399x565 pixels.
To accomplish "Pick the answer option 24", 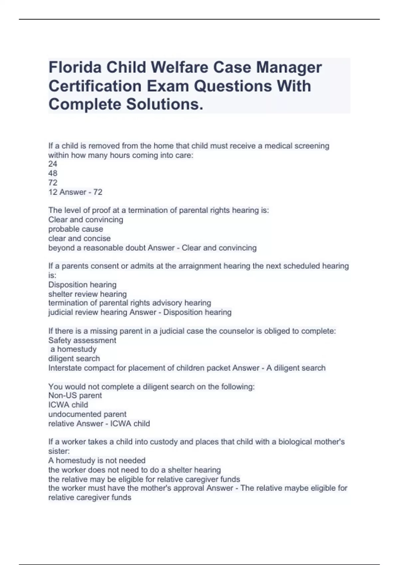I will (x=53, y=164).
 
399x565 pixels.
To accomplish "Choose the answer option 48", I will (x=53, y=173).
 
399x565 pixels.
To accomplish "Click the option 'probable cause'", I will (x=75, y=229).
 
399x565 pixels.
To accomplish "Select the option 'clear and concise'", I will (x=79, y=238).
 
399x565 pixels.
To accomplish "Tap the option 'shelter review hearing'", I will (x=87, y=294).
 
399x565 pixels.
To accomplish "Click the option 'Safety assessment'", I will (x=82, y=340).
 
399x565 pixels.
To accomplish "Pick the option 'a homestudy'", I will (x=73, y=349).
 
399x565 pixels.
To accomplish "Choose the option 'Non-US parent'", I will (x=75, y=395).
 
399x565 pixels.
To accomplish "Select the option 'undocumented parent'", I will (x=87, y=414).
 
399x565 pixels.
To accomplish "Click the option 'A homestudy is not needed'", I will (x=97, y=460).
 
